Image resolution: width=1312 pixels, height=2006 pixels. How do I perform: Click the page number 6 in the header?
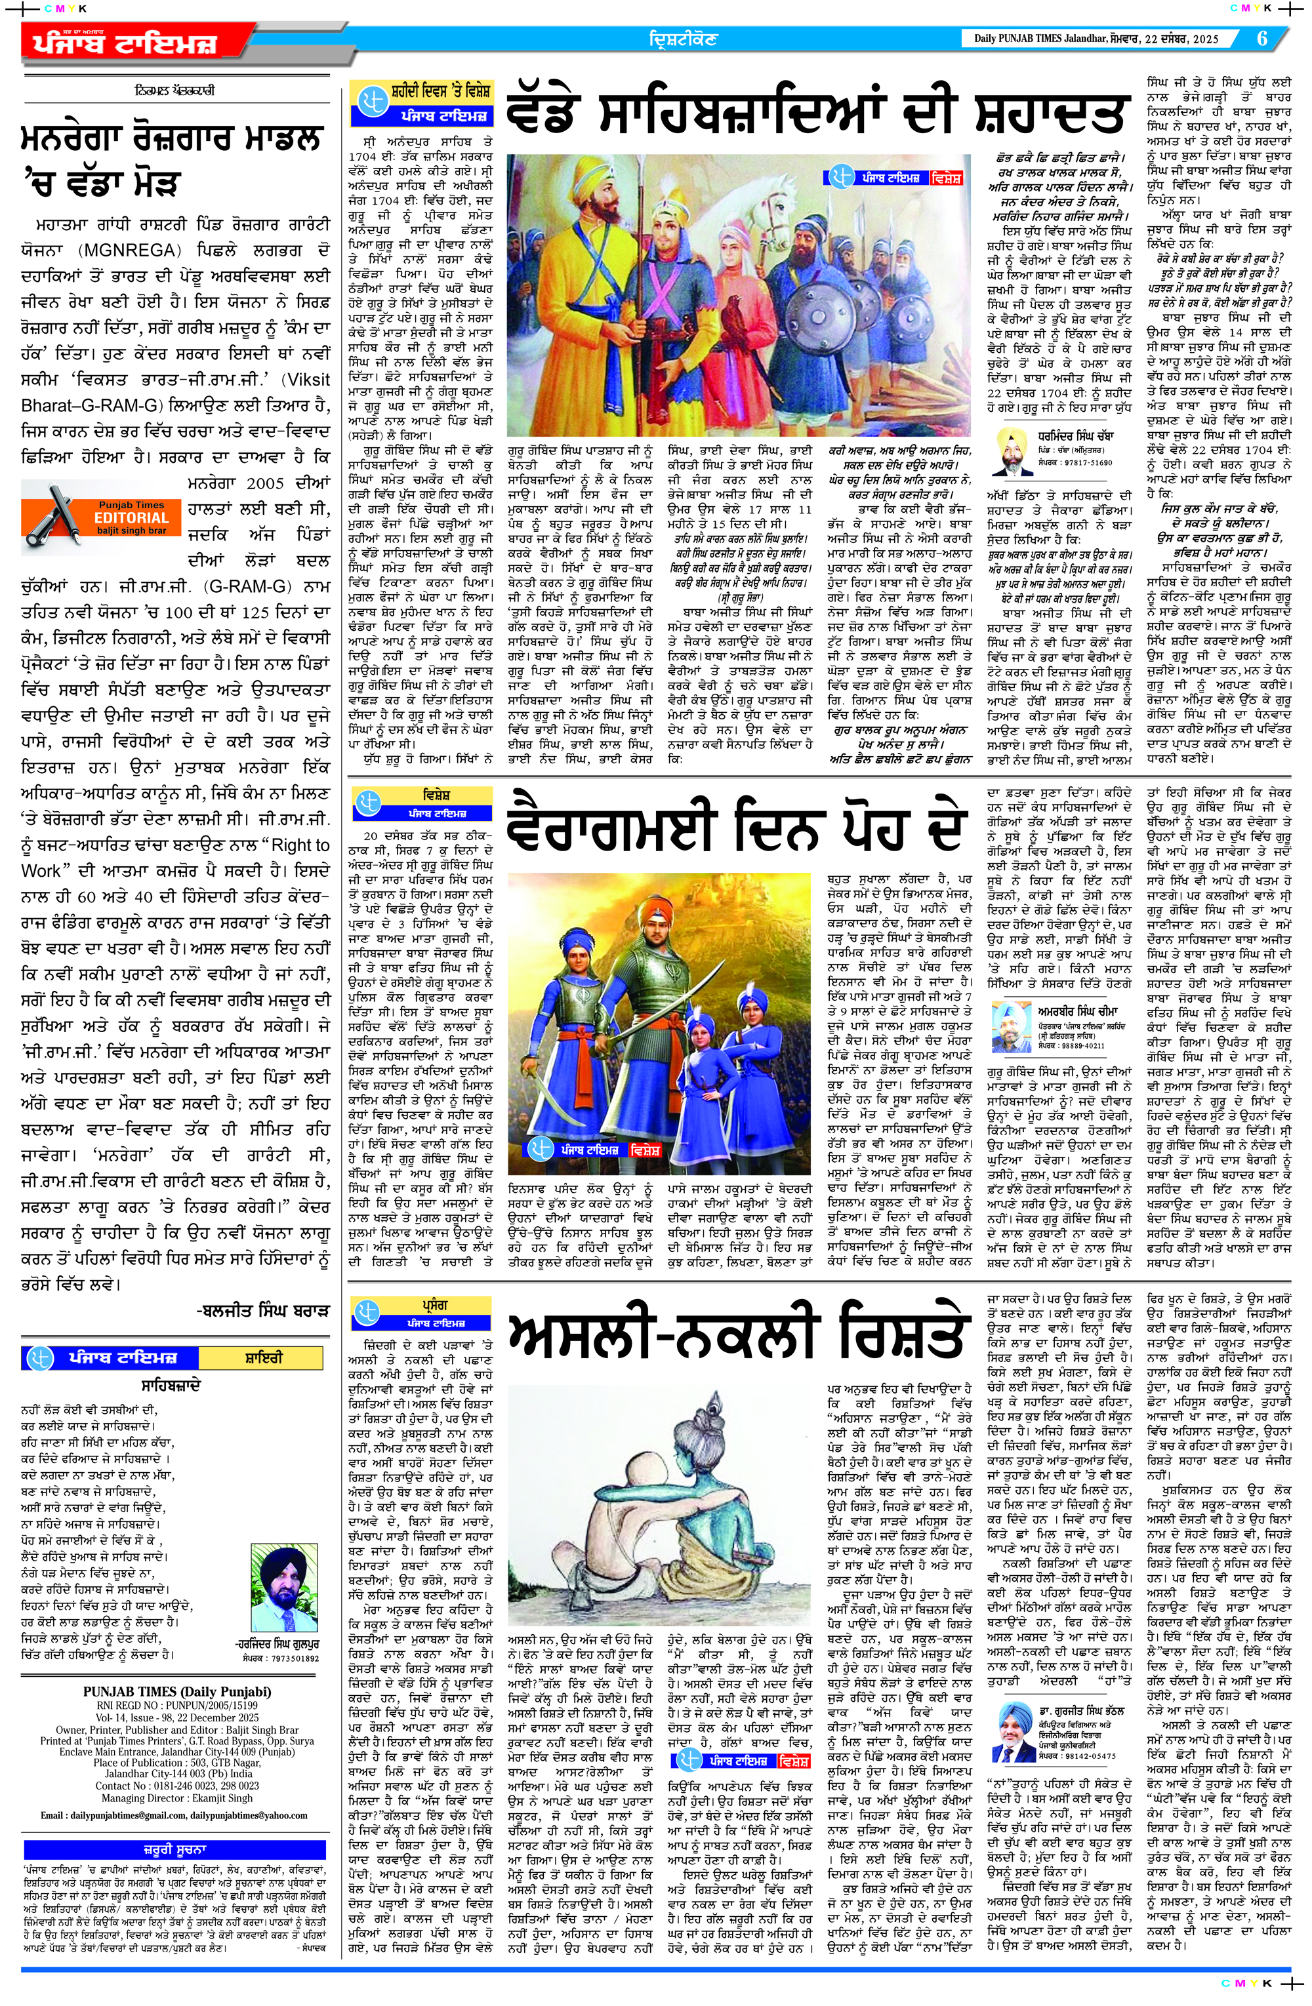tap(1261, 39)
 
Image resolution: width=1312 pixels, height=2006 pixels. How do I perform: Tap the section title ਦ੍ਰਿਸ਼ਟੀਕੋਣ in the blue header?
tap(683, 39)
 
